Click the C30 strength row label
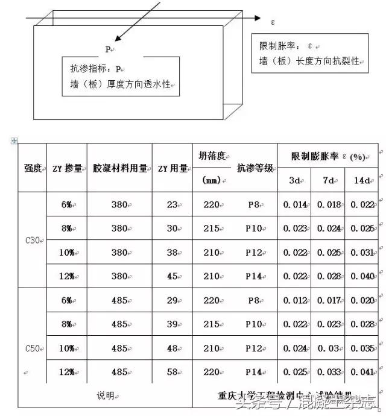tap(32, 240)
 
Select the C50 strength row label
tap(32, 348)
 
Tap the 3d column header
tap(294, 180)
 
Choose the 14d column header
tap(362, 180)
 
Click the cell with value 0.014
tap(295, 204)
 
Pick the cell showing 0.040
tap(362, 276)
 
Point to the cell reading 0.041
tap(362, 372)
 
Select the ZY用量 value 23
tap(172, 204)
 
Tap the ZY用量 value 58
tap(172, 372)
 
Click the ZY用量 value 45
tap(172, 276)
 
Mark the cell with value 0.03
tap(327, 348)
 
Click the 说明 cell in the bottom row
tap(105, 396)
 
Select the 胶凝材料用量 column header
tap(119, 169)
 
